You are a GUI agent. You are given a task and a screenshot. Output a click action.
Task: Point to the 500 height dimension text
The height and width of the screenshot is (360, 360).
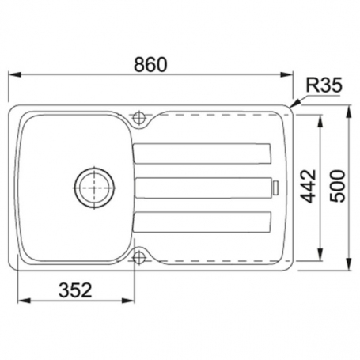[339, 188]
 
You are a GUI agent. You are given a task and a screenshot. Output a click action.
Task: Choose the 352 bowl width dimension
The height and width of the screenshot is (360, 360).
[74, 290]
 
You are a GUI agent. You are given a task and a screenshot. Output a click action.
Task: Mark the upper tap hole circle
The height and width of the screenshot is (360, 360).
[140, 118]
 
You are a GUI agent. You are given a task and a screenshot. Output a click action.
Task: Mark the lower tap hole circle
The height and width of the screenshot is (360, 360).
[140, 257]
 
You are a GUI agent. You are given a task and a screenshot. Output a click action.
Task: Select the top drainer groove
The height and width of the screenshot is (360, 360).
[203, 153]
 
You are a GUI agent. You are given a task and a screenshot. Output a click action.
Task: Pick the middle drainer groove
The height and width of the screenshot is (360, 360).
[203, 188]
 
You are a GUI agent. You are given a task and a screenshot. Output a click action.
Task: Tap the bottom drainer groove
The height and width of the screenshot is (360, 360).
[203, 222]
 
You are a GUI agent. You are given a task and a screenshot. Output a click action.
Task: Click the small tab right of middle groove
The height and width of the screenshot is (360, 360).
[276, 188]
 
